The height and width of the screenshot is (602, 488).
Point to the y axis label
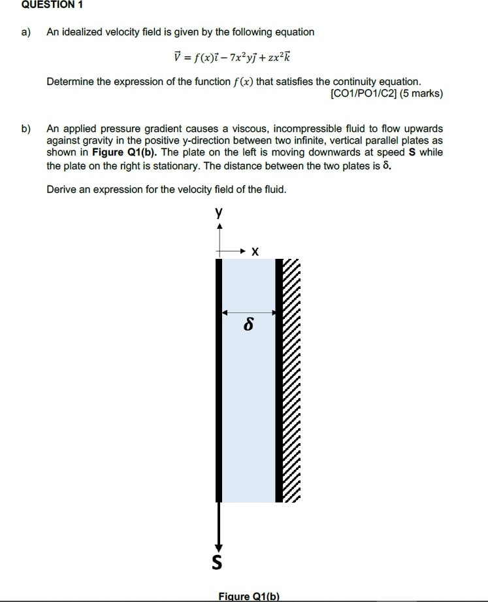219,213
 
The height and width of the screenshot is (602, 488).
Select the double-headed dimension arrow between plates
248,312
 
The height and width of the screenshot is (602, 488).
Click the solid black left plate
220,379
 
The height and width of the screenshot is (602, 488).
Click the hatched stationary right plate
287,379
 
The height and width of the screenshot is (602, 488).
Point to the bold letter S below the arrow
218,561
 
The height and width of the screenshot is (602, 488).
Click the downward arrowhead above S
219,548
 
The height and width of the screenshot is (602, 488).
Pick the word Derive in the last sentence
61,190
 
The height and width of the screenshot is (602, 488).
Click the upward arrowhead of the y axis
220,226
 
